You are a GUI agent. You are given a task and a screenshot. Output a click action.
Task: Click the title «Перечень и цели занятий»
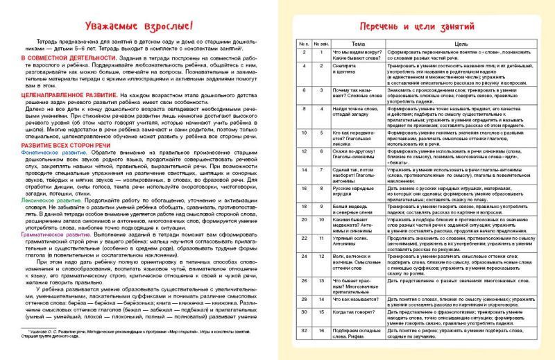coord(415,26)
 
